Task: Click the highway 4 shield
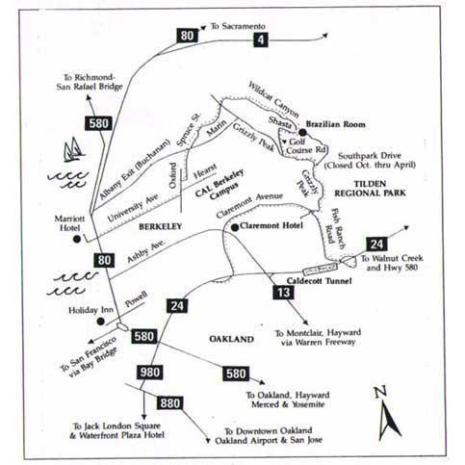[x=260, y=39]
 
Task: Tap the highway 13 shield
[x=283, y=293]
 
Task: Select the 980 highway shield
[x=149, y=373]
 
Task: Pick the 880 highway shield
[x=169, y=403]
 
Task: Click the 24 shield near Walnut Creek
[x=376, y=245]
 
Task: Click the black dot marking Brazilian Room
[x=302, y=132]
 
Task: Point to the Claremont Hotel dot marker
[x=235, y=227]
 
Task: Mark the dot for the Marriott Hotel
[x=76, y=239]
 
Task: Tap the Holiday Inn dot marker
[x=101, y=322]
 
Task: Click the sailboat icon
[x=73, y=150]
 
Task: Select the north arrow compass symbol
[x=388, y=414]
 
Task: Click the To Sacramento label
[x=238, y=26]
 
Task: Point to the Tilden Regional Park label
[x=370, y=189]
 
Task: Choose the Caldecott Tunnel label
[x=319, y=281]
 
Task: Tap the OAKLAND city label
[x=231, y=339]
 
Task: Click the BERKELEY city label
[x=160, y=226]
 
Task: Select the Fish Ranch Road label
[x=336, y=228]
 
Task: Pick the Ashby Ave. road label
[x=146, y=250]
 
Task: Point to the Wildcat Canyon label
[x=273, y=99]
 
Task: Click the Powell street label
[x=137, y=298]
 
